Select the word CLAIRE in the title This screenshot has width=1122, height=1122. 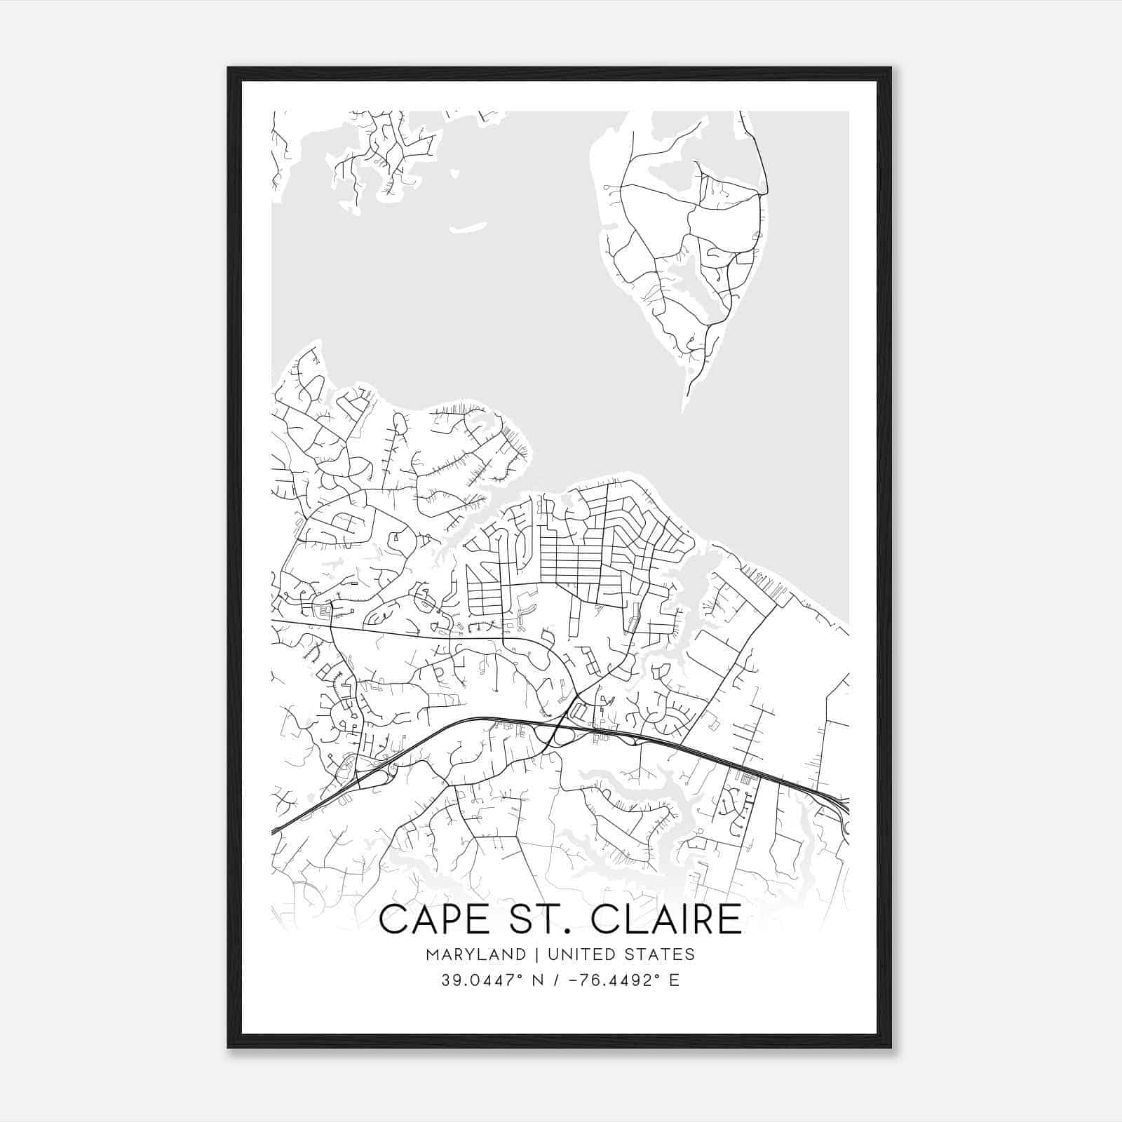(666, 920)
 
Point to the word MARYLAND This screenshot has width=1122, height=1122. (475, 954)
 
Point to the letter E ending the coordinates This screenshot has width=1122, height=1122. (675, 980)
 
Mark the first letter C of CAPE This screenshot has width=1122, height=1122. (393, 920)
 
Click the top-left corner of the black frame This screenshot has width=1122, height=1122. (229, 69)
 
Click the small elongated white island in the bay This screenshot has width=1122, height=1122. (468, 228)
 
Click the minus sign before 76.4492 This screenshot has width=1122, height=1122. (572, 980)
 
